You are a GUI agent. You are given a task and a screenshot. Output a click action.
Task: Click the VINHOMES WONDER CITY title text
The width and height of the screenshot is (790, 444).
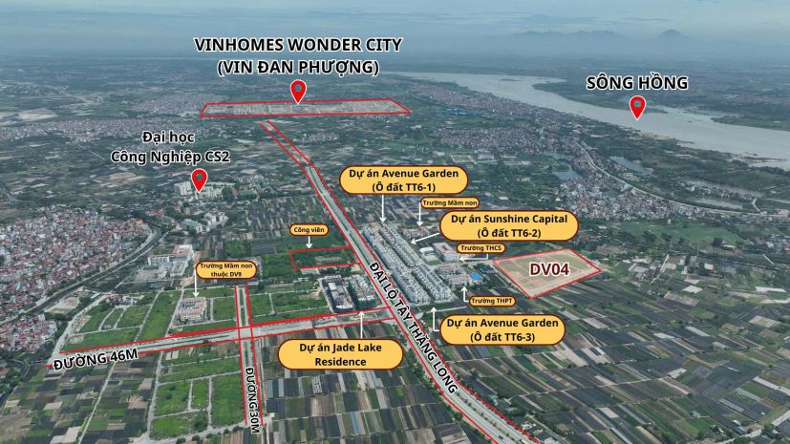pyautogui.click(x=298, y=45)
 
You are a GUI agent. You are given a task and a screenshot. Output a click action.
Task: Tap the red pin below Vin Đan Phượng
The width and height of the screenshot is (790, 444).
pyautogui.click(x=299, y=92)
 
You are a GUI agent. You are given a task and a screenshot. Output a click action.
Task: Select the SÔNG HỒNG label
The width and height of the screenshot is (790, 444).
pyautogui.click(x=637, y=83)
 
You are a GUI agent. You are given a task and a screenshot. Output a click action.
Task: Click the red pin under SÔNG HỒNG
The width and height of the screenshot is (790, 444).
pyautogui.click(x=637, y=106)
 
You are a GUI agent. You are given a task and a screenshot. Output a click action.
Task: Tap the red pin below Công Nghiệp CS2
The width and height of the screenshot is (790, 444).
pyautogui.click(x=200, y=179)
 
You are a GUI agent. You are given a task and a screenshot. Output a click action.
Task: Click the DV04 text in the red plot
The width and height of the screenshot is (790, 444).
pyautogui.click(x=549, y=269)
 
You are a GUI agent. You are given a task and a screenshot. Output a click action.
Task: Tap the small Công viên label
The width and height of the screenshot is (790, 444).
pyautogui.click(x=309, y=230)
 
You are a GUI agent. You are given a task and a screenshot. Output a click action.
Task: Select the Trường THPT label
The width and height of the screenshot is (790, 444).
pyautogui.click(x=493, y=301)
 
